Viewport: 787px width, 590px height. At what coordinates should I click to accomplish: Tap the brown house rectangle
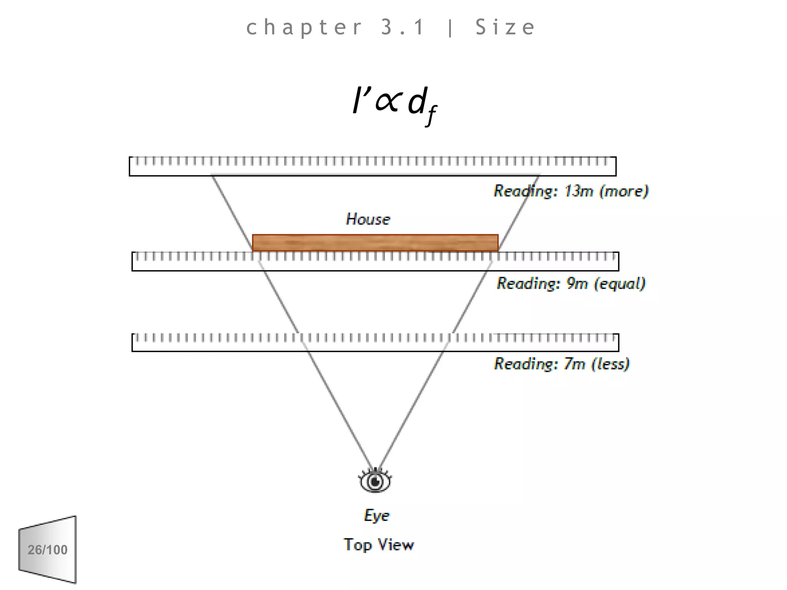click(x=375, y=243)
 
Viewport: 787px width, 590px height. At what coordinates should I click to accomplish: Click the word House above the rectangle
click(x=368, y=219)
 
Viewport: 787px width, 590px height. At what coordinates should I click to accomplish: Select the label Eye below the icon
click(x=377, y=515)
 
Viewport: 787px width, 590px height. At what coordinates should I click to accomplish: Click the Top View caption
click(x=379, y=545)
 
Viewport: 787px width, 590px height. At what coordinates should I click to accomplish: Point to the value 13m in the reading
click(x=579, y=191)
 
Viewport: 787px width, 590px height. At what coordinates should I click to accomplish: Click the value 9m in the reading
click(x=577, y=283)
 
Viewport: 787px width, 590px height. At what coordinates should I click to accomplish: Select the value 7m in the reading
click(x=574, y=363)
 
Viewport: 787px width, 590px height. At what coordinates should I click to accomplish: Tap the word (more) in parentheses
click(x=624, y=191)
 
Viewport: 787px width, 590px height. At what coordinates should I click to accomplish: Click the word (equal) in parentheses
click(x=619, y=283)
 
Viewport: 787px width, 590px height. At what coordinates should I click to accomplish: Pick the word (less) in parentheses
click(x=610, y=363)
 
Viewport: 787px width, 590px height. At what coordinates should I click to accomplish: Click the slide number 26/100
click(x=48, y=550)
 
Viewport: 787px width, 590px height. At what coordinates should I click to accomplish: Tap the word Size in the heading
click(x=505, y=27)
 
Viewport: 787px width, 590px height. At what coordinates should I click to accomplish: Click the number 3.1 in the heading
click(x=403, y=27)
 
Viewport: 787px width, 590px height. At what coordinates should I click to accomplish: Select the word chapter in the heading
click(x=304, y=27)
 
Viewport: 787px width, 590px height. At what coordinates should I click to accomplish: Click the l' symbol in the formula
click(x=359, y=101)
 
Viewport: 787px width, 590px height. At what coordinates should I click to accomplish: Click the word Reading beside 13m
click(x=525, y=191)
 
